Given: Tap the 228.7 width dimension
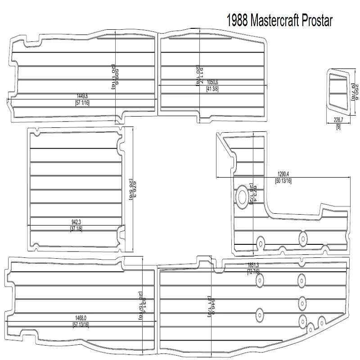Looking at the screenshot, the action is pos(338,120).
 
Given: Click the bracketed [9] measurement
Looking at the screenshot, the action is pos(338,126).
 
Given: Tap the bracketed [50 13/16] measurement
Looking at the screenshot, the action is pos(283,181).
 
